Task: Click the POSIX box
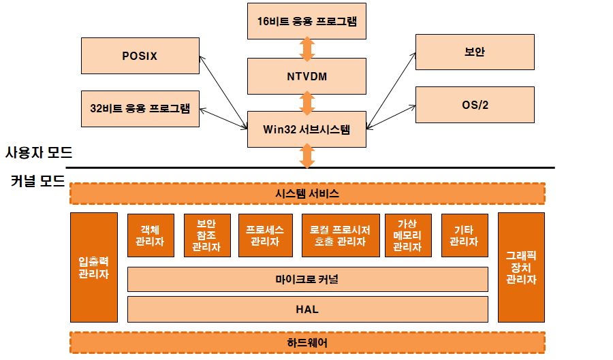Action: click(140, 56)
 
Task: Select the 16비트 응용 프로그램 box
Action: click(306, 20)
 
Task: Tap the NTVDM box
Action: click(306, 76)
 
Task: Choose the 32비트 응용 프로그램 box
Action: click(140, 108)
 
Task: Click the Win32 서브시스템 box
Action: click(306, 129)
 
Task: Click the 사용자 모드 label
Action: click(38, 152)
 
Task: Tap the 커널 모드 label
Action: click(38, 182)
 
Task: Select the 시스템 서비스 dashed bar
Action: click(307, 193)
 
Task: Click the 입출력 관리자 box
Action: click(94, 267)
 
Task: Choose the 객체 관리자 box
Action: click(149, 235)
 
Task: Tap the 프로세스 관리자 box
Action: click(264, 235)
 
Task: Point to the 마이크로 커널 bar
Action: click(307, 279)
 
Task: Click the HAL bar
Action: click(307, 309)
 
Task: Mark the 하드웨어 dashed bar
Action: click(307, 342)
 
